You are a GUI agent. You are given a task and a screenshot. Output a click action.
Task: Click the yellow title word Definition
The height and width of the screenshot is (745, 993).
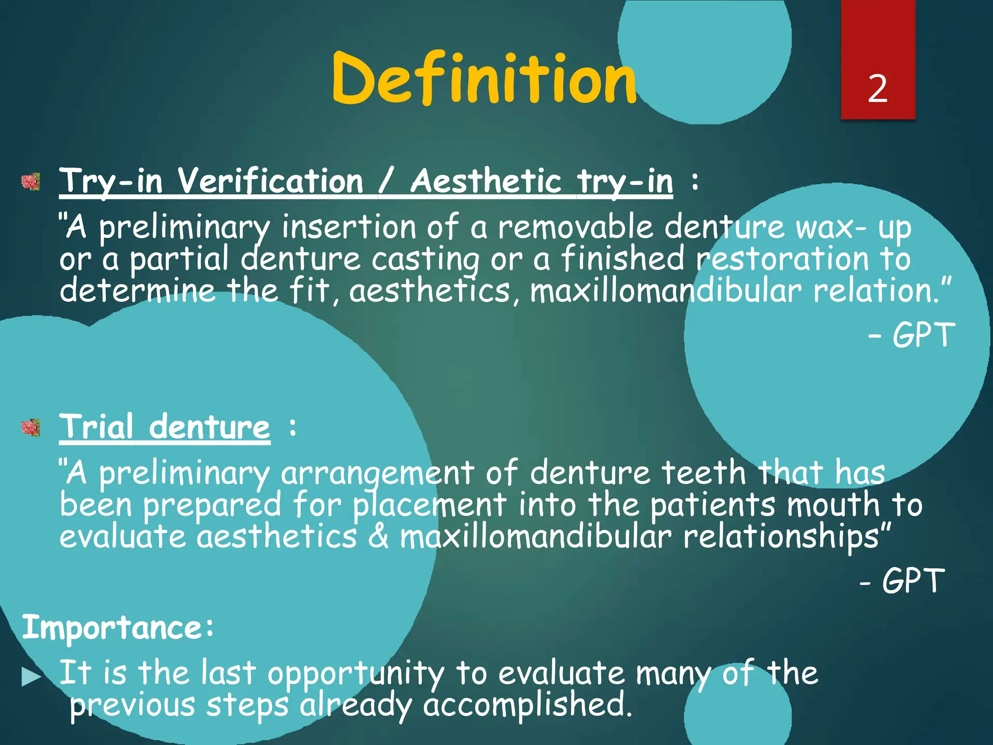point(484,79)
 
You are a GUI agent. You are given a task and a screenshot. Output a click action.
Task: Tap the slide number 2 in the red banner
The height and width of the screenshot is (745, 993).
point(878,89)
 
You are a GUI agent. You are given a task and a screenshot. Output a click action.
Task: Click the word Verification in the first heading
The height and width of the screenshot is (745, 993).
point(270,181)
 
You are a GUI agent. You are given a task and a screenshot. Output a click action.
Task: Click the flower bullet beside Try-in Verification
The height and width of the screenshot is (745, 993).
point(31,182)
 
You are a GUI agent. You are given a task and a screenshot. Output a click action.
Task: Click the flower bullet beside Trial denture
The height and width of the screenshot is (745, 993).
point(31,428)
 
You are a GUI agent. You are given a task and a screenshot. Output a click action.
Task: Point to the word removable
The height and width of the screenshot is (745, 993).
point(576,227)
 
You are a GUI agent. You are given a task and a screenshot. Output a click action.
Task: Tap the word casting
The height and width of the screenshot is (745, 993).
point(425,259)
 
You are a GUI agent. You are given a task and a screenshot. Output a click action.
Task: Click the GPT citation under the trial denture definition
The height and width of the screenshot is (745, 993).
point(913,581)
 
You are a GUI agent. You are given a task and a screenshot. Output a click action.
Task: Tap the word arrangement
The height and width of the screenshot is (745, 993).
point(377,473)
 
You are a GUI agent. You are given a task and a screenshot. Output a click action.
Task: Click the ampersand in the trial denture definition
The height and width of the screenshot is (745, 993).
point(378,536)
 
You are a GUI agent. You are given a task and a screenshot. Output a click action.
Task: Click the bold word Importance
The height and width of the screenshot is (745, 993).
point(112,627)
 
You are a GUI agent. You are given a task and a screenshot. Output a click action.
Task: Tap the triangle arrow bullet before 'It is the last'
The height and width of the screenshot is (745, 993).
point(31,677)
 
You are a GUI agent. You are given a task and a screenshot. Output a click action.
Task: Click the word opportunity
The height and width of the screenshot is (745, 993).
point(355,674)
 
